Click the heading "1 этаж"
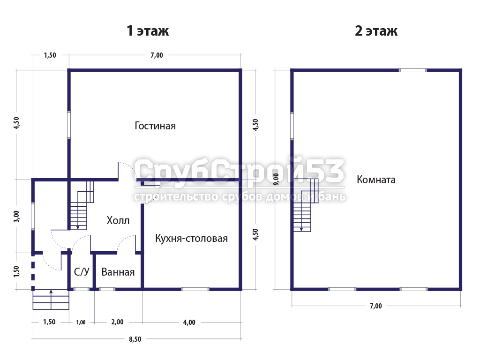tap(148, 31)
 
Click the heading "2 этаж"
tap(376, 31)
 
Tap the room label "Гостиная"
tap(155, 126)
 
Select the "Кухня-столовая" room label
tap(191, 238)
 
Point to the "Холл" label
tap(118, 220)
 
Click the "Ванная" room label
tap(118, 272)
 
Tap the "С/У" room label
tap(82, 271)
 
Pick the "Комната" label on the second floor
tap(376, 180)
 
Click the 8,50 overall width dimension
tap(135, 339)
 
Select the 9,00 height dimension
tap(276, 179)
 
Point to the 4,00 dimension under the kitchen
tap(189, 322)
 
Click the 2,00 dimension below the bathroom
tap(117, 322)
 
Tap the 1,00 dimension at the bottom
tap(81, 322)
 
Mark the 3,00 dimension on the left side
tap(16, 217)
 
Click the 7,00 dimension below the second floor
tap(376, 306)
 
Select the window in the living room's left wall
tap(69, 125)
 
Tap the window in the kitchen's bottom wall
tap(195, 289)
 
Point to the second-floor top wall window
tap(412, 70)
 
